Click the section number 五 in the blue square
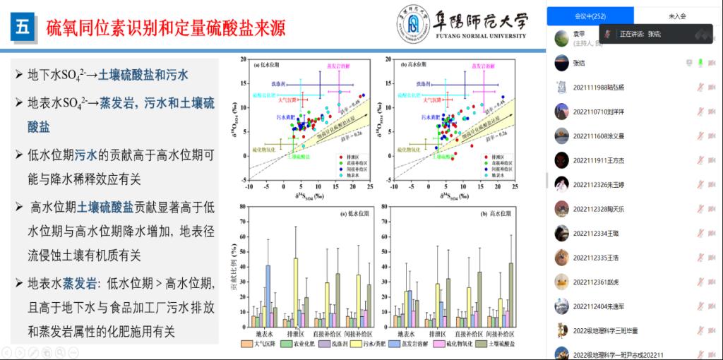pos(23,28)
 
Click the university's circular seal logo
pos(412,23)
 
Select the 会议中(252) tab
pos(590,15)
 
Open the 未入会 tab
pos(677,15)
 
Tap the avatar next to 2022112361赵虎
pos(561,281)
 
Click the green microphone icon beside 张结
pos(700,63)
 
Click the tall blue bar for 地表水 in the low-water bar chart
pos(268,296)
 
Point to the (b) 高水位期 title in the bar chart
pos(482,213)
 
